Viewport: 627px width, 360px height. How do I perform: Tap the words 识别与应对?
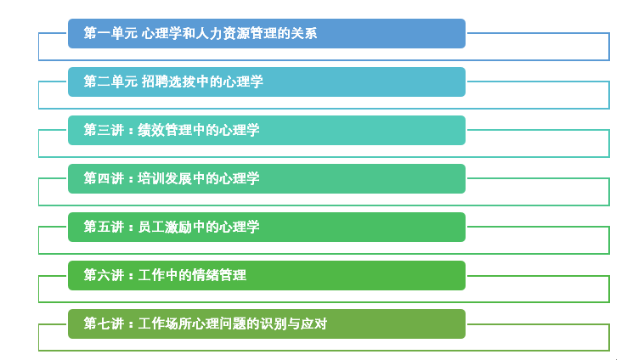[293, 323]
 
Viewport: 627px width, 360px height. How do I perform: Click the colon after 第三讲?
[131, 131]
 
